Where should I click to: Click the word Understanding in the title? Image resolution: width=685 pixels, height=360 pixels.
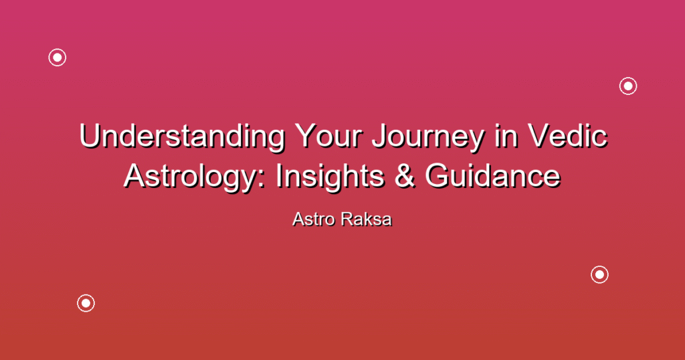(x=182, y=137)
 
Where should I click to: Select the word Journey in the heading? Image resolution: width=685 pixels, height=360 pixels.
(x=428, y=137)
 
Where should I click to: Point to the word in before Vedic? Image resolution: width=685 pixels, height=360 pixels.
(x=506, y=137)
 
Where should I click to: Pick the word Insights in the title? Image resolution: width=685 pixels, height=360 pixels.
(x=330, y=177)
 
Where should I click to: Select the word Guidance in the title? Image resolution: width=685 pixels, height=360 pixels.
(x=493, y=175)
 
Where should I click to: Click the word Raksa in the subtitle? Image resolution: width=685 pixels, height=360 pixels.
(x=367, y=219)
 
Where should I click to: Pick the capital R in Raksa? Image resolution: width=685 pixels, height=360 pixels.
(x=347, y=219)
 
